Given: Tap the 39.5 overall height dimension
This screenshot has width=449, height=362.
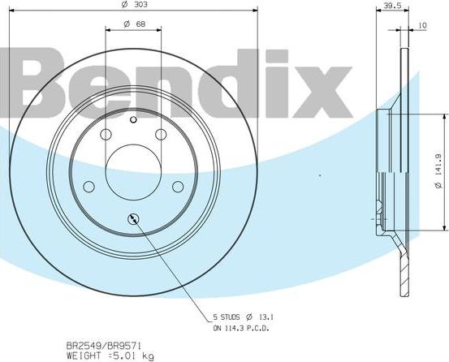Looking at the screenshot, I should pos(393,6).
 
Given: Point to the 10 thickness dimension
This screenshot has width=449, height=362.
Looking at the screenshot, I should pos(422,26).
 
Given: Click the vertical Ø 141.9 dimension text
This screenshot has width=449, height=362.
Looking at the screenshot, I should pos(438,175).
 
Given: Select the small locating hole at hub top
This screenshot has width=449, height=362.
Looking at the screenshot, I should pos(134,119).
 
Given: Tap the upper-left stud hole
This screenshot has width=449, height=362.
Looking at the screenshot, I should pos(106,135).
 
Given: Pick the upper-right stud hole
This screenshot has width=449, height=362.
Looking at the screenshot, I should pos(162,135).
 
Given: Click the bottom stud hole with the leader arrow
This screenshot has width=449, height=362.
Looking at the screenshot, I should pos(134,218).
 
